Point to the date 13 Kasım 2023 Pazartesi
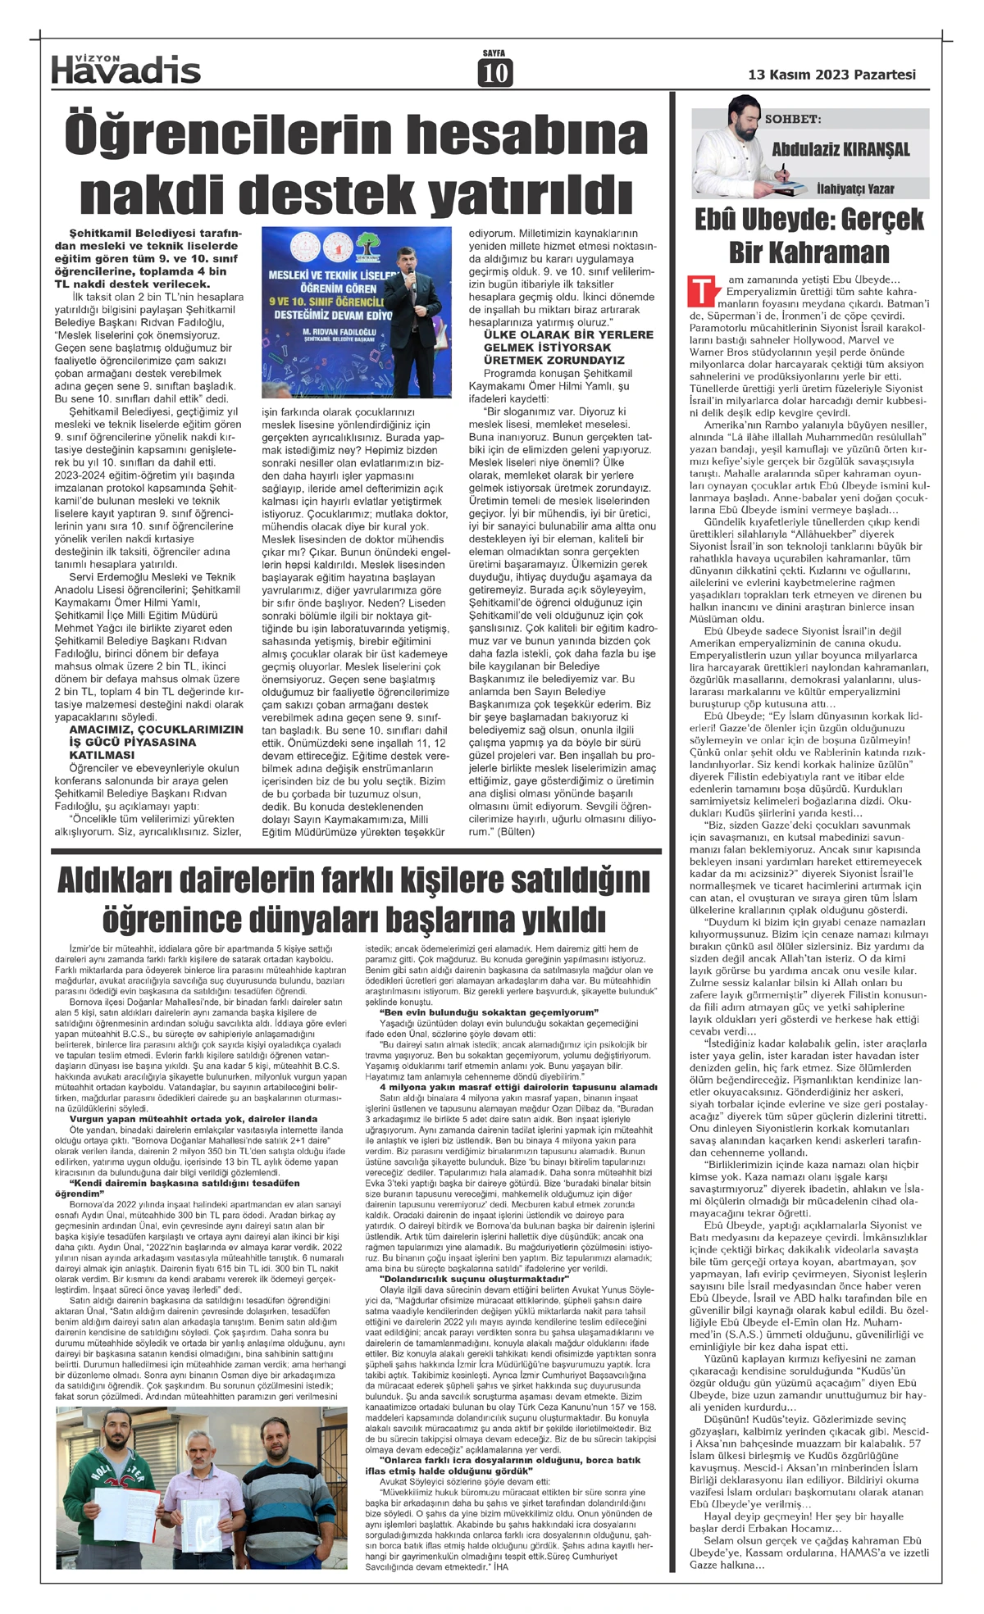click(831, 75)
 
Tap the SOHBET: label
click(791, 119)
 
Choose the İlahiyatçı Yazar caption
click(854, 189)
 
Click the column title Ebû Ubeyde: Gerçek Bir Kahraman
click(809, 234)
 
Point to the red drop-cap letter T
click(699, 291)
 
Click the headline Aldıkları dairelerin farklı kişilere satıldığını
click(353, 883)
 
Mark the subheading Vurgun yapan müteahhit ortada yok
click(193, 1119)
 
